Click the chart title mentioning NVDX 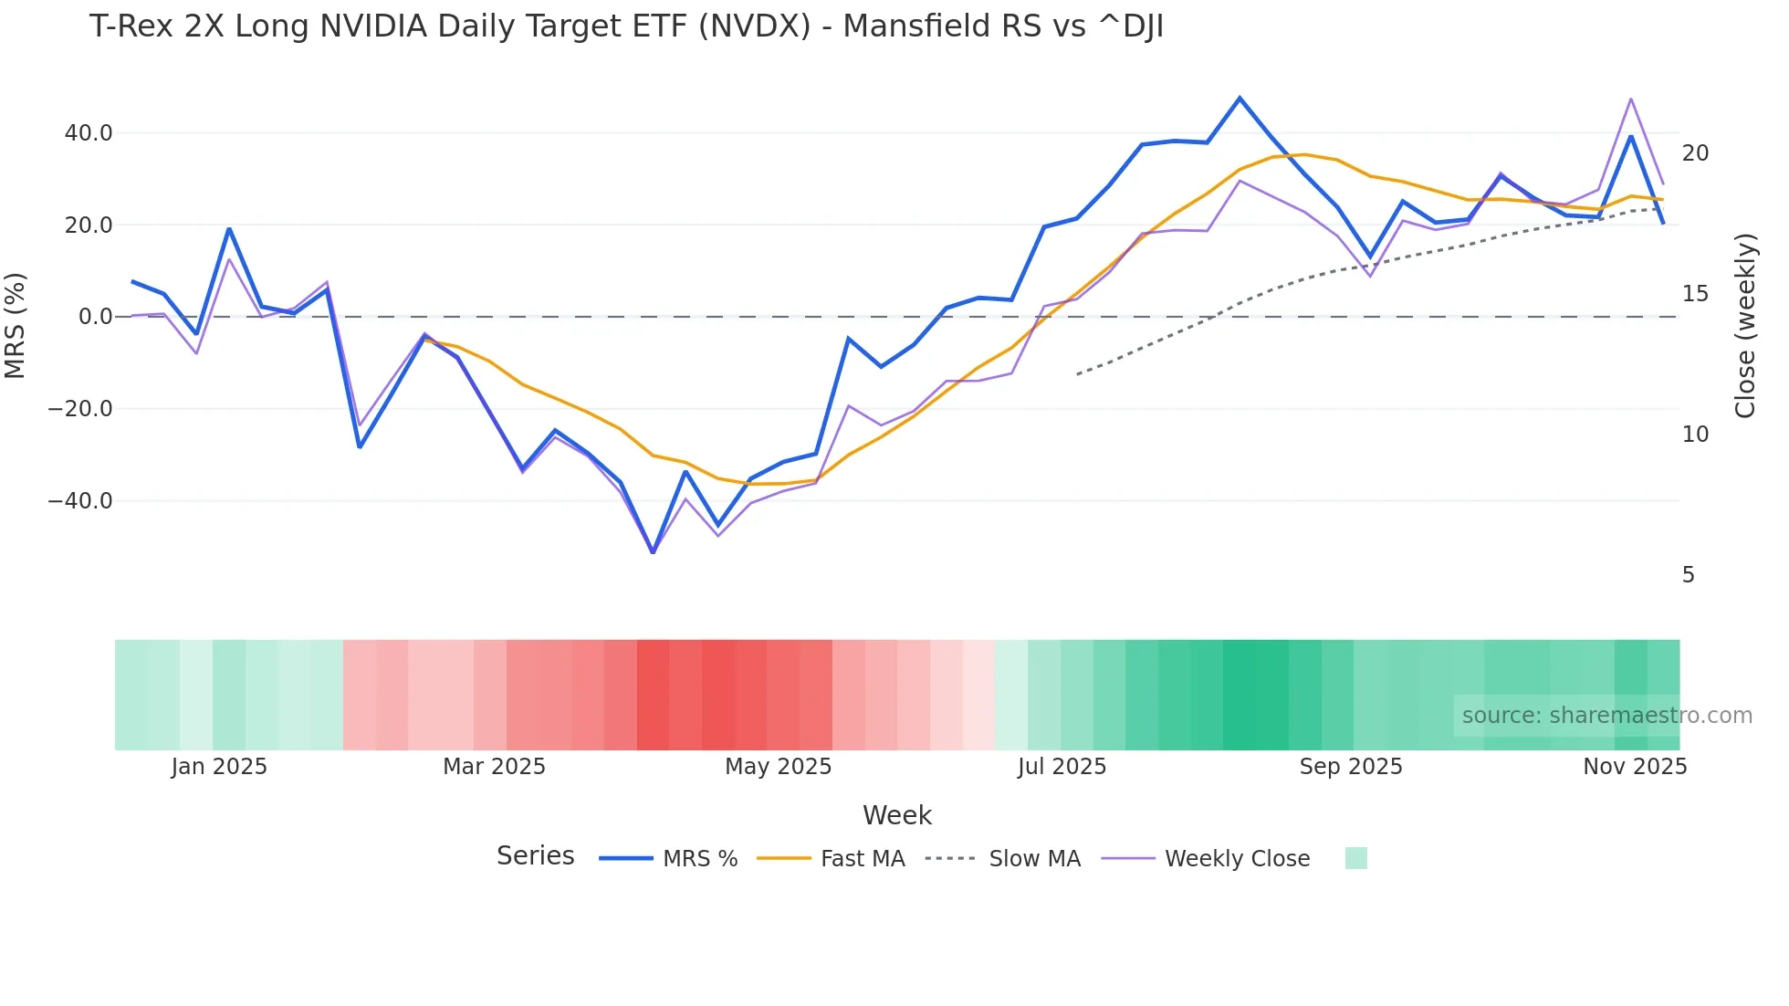626,26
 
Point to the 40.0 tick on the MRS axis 89,133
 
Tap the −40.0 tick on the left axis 80,501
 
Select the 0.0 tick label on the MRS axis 95,317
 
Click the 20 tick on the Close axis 1695,153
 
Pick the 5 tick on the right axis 1688,575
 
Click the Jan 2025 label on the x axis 219,767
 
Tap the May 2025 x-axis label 778,767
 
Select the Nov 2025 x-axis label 1634,767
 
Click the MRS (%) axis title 16,325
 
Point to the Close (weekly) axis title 1745,326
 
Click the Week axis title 896,815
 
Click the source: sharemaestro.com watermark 1606,716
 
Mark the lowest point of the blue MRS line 653,552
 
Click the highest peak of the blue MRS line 1240,98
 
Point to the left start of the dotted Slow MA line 1078,374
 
